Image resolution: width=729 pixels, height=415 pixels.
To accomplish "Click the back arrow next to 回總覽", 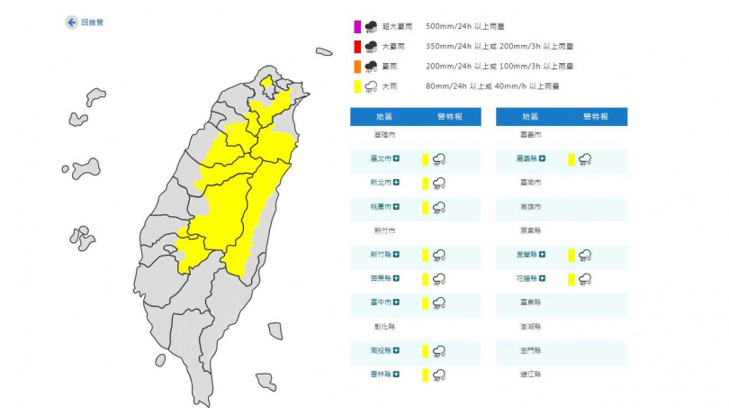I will [71, 23].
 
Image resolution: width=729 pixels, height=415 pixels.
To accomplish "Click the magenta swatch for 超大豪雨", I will [357, 26].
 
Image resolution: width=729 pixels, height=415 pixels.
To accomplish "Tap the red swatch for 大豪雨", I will [357, 46].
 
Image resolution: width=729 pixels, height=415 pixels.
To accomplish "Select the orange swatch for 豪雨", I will [357, 66].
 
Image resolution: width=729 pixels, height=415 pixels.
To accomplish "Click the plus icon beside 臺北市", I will [397, 159].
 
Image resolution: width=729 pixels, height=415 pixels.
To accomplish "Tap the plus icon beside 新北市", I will [397, 183].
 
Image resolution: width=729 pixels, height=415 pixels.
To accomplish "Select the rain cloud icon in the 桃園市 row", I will [440, 207].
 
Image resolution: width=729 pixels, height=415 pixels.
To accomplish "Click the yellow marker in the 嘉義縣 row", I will [571, 159].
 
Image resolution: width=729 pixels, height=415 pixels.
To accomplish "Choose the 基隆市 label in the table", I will [384, 135].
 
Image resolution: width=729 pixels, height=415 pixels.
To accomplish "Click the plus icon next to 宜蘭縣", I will [543, 256].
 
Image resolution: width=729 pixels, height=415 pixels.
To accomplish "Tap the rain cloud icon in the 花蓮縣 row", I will [585, 279].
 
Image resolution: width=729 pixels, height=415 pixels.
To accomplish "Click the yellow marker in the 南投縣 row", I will [426, 351].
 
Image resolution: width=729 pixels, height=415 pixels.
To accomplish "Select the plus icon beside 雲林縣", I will [397, 374].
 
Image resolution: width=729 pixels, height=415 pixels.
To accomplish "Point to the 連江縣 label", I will [531, 374].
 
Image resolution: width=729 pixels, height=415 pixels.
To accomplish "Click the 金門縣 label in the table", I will [531, 351].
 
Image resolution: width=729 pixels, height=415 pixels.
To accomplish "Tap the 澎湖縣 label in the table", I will [531, 327].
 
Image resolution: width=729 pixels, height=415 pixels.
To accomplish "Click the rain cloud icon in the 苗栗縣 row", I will [440, 279].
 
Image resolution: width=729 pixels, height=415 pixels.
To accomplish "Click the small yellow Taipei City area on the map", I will [266, 84].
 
